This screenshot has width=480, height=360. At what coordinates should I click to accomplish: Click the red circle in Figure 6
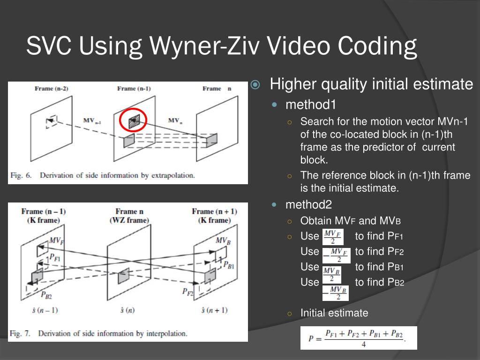[133, 121]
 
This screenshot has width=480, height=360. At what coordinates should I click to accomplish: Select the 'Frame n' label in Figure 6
[217, 89]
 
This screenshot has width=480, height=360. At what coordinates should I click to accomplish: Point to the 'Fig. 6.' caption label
[21, 175]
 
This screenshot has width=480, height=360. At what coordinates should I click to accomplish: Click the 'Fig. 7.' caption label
[21, 333]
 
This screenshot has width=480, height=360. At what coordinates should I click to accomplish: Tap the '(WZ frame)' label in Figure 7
[129, 220]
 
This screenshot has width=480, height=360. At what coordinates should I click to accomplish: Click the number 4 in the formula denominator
[363, 345]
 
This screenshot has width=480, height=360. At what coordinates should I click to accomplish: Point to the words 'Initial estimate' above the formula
[334, 313]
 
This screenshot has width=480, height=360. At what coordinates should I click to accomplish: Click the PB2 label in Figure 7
[46, 295]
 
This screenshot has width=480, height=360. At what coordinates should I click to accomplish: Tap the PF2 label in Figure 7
[187, 292]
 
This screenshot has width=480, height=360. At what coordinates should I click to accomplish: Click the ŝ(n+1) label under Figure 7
[214, 310]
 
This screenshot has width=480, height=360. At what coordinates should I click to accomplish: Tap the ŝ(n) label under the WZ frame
[127, 310]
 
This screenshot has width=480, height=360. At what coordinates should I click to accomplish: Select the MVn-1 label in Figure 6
[92, 120]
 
